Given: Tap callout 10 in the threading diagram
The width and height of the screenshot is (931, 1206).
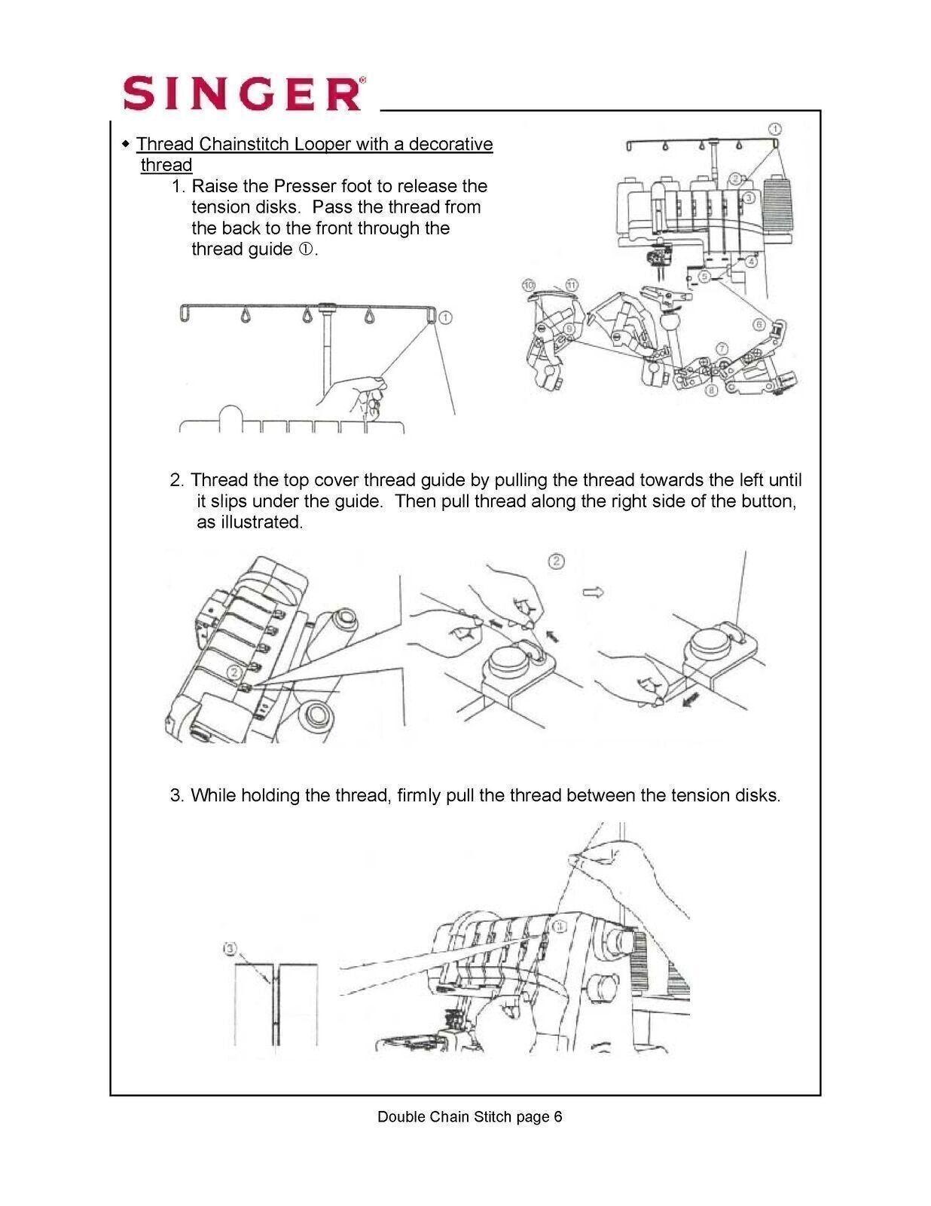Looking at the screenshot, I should click(x=529, y=285).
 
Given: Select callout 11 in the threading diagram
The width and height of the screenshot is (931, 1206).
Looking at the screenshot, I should click(x=572, y=285).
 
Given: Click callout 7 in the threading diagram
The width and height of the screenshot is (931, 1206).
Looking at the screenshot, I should click(x=722, y=348).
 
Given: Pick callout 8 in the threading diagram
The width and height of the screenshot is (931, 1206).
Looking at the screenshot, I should click(x=710, y=392).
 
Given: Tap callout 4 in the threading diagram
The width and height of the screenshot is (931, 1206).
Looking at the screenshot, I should click(x=751, y=262).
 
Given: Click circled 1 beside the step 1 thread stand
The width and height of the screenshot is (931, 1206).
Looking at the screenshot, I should click(x=445, y=317).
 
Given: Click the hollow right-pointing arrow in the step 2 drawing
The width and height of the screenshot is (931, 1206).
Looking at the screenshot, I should click(x=593, y=592).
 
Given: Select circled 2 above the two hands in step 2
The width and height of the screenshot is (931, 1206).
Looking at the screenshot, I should click(x=556, y=561).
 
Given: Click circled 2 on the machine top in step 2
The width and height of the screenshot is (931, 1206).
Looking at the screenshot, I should click(x=235, y=671).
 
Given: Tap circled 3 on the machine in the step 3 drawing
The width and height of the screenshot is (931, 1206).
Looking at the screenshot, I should click(x=558, y=926).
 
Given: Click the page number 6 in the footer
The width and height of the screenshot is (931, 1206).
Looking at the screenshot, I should click(x=557, y=1117).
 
